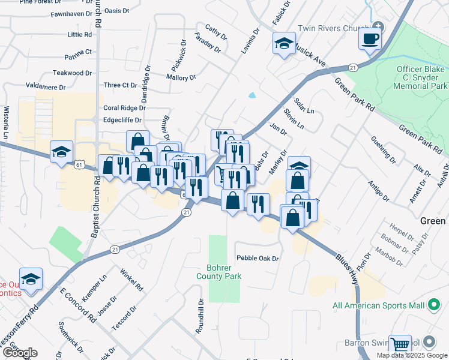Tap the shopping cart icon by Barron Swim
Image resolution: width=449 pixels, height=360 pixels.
400,344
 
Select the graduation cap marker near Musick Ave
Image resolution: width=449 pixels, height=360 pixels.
283,43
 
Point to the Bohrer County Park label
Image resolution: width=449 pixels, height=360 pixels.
220,272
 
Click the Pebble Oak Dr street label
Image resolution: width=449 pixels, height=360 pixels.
258,259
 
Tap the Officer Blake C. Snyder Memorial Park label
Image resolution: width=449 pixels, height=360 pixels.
421,77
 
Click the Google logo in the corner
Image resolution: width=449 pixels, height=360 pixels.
20,353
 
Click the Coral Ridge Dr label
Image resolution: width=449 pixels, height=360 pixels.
124,108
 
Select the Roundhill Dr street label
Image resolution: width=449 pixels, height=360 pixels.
201,316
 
